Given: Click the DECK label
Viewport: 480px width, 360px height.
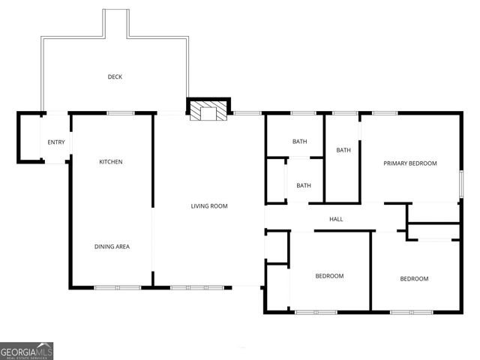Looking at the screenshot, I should [x=115, y=76].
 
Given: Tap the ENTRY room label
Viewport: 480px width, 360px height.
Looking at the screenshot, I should [x=56, y=142].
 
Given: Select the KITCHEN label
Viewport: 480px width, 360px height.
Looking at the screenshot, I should [x=111, y=162].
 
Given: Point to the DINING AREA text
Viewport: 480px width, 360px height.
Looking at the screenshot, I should [x=112, y=246].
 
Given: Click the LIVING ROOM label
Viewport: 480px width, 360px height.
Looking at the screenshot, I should [x=209, y=205].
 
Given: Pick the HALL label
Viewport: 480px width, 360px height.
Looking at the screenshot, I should [x=336, y=219].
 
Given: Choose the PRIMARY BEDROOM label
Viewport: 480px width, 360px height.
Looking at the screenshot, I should [x=410, y=163].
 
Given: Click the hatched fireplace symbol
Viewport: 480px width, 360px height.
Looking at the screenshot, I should [x=205, y=112].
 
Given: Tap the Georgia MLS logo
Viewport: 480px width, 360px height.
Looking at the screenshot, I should [x=27, y=351].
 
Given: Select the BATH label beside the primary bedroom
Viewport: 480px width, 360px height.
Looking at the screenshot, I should [x=343, y=150].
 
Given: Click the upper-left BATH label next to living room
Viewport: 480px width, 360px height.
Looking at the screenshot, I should [x=300, y=142].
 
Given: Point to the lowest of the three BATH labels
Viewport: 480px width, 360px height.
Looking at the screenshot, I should [x=304, y=185].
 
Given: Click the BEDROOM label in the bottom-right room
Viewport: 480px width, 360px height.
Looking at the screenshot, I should [x=414, y=279].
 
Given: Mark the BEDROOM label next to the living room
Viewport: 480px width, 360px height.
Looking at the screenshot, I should [x=329, y=276].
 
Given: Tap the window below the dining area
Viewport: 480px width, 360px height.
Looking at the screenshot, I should [x=117, y=286].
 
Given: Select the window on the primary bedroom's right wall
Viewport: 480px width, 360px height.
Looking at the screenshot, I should [x=460, y=182].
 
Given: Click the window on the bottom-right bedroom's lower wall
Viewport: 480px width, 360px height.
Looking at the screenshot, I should [x=411, y=311].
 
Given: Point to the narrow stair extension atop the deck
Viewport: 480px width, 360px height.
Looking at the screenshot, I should [x=116, y=22].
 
